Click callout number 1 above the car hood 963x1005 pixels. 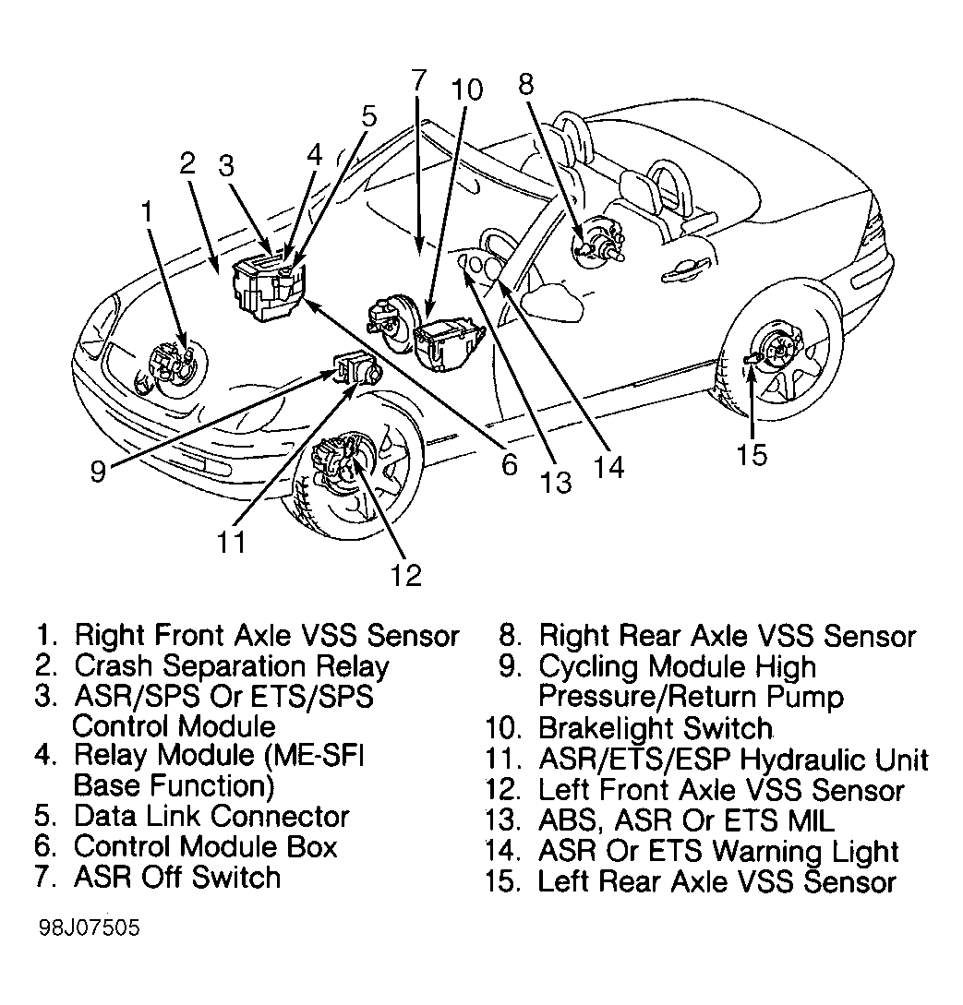(x=148, y=212)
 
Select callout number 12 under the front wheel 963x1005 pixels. (x=406, y=575)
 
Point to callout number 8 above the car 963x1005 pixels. (x=525, y=84)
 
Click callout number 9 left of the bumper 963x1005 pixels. (x=98, y=472)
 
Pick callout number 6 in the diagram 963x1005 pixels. (x=509, y=464)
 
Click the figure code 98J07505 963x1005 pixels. (x=90, y=927)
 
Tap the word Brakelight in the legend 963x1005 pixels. (x=606, y=727)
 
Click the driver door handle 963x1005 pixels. (x=687, y=271)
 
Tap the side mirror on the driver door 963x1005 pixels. (x=544, y=299)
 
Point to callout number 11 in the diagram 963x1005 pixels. (x=231, y=543)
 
